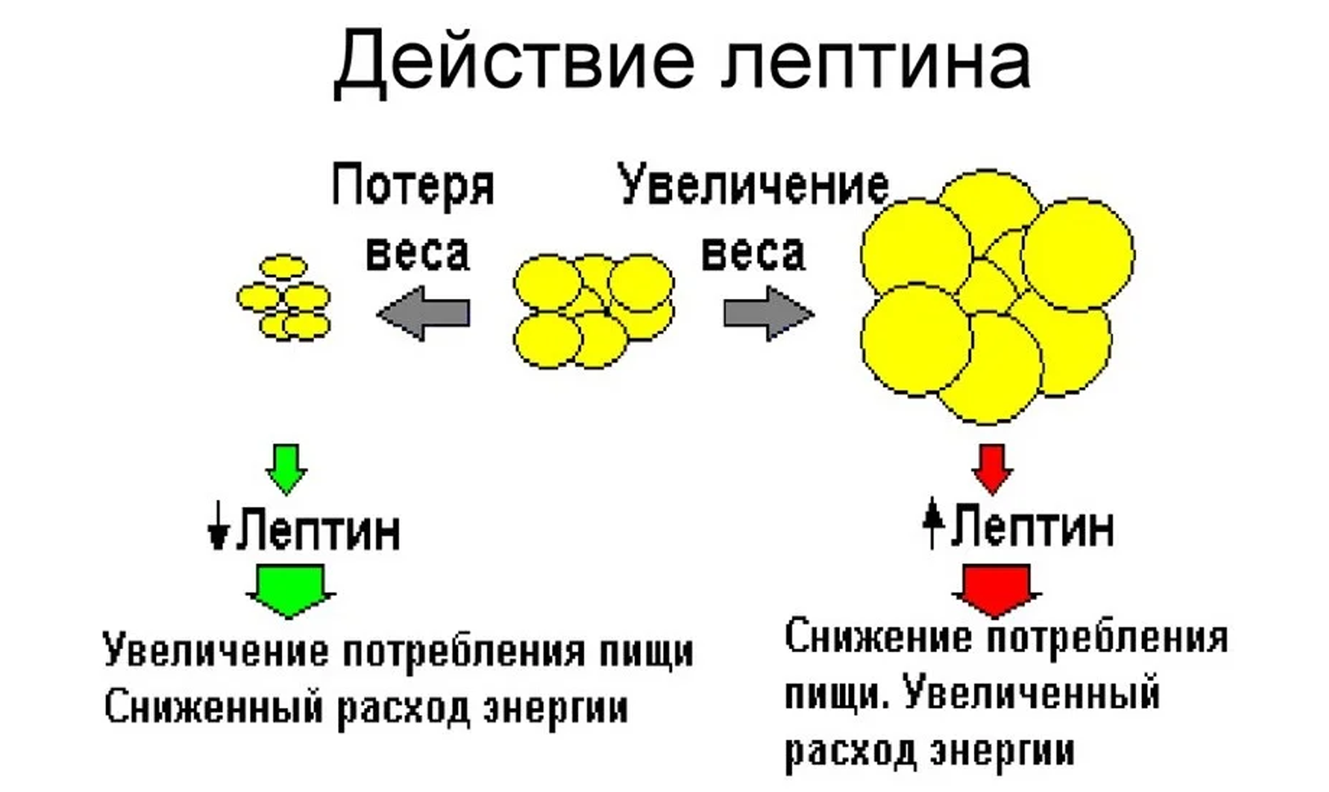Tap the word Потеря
pyautogui.click(x=413, y=186)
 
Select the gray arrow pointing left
pyautogui.click(x=424, y=313)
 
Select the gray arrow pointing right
pyautogui.click(x=768, y=313)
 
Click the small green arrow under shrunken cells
pyautogui.click(x=286, y=468)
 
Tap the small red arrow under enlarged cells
pyautogui.click(x=992, y=468)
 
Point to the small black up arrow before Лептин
pyautogui.click(x=933, y=523)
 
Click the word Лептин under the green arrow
pyautogui.click(x=318, y=531)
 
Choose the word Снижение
pyautogui.click(x=878, y=637)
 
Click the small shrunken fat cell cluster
pyautogui.click(x=284, y=297)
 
